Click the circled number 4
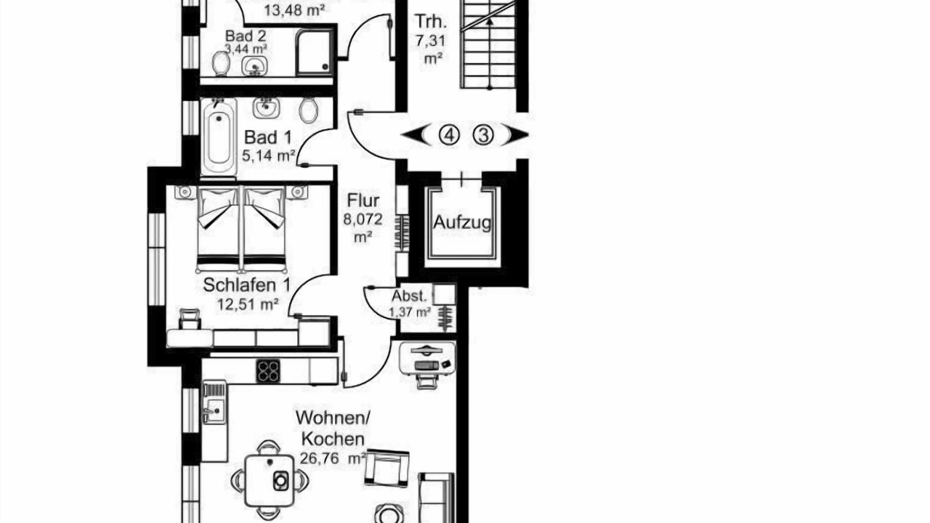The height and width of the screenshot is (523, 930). (x=448, y=135)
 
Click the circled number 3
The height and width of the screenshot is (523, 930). (x=483, y=135)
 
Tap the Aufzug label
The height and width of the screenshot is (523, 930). (x=462, y=223)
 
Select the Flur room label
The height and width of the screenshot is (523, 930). (x=363, y=200)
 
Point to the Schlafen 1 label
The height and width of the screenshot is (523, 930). (x=246, y=285)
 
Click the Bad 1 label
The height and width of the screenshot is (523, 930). (x=268, y=137)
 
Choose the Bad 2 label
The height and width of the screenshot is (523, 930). (x=246, y=36)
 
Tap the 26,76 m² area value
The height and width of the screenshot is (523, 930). (x=333, y=458)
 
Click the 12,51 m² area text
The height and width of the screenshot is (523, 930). (x=248, y=305)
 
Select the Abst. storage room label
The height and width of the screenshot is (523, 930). (x=409, y=296)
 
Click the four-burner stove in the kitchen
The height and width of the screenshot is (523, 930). (x=268, y=370)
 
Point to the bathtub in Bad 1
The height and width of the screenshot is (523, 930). (x=219, y=136)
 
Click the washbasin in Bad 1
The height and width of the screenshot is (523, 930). (x=266, y=108)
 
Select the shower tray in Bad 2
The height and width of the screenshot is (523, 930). (x=315, y=52)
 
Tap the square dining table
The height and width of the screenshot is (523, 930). (x=270, y=481)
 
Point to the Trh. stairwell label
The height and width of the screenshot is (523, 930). (x=432, y=22)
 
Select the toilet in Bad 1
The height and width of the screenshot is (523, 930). (x=309, y=110)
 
